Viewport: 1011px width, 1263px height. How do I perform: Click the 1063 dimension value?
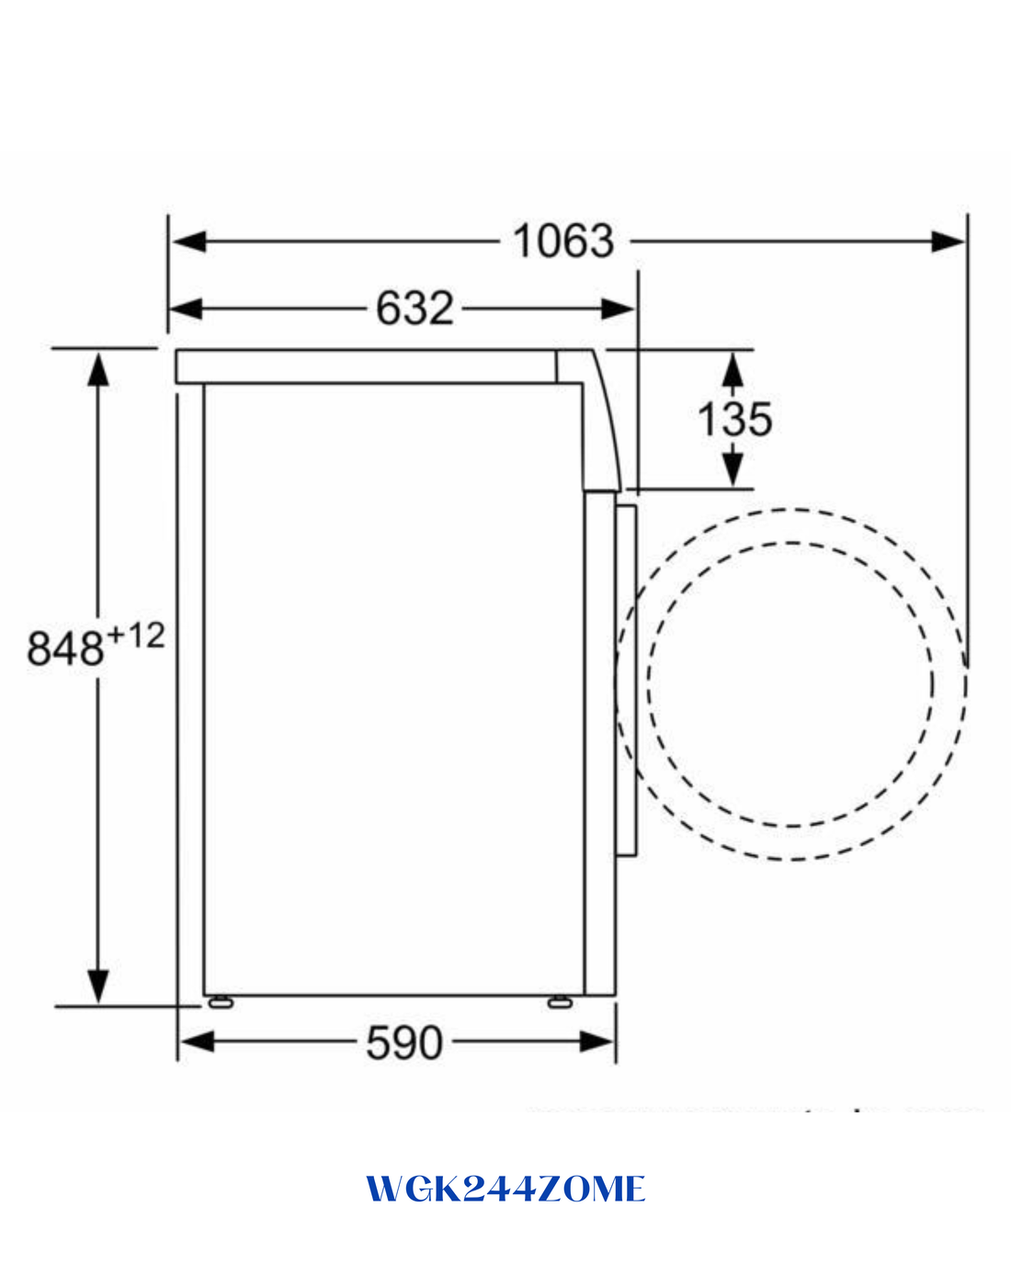click(563, 242)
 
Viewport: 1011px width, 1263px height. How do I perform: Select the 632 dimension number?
click(415, 309)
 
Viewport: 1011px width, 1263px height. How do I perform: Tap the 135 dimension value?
click(734, 420)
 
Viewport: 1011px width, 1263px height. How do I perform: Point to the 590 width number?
click(404, 1043)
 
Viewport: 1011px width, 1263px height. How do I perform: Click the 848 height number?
click(65, 648)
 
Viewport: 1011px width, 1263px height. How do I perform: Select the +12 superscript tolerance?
click(136, 636)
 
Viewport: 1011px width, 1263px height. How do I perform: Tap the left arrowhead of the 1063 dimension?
click(189, 242)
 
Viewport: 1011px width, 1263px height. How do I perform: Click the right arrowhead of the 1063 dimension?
click(948, 242)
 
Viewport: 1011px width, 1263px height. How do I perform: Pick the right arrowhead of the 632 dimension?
click(618, 309)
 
